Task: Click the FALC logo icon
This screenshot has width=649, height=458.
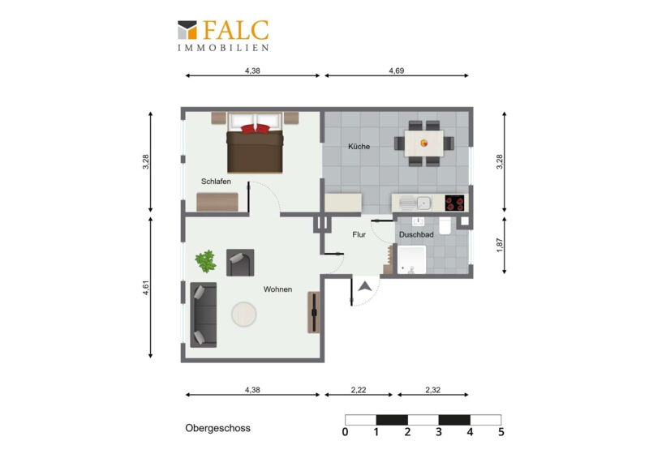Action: tap(187, 30)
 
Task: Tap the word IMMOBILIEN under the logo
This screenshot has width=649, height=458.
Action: tap(224, 48)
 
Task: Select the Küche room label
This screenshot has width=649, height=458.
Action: tap(359, 147)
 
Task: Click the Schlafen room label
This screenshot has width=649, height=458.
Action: tap(216, 182)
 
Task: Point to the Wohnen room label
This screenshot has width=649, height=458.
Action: tap(277, 289)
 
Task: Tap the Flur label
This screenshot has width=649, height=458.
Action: tap(359, 234)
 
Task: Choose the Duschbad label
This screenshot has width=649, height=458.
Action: tap(416, 234)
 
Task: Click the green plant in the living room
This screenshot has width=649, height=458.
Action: tap(206, 262)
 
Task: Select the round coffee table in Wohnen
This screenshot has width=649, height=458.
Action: tap(244, 315)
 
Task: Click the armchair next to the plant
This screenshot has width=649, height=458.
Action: tap(240, 263)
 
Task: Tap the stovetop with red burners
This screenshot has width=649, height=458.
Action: tap(454, 203)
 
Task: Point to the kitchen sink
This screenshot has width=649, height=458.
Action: tap(416, 203)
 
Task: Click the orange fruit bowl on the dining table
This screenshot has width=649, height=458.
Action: tap(423, 143)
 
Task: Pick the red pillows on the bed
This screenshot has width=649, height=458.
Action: tap(256, 129)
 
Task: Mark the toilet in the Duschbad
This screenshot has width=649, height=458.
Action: tap(445, 225)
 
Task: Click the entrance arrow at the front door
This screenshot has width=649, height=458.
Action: tap(364, 286)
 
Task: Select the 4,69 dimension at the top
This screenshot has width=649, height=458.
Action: tap(397, 71)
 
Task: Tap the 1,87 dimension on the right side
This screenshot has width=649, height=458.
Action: tap(500, 245)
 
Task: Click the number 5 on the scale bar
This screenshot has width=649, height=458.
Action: tap(501, 432)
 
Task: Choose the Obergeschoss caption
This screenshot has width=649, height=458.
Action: tap(217, 428)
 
